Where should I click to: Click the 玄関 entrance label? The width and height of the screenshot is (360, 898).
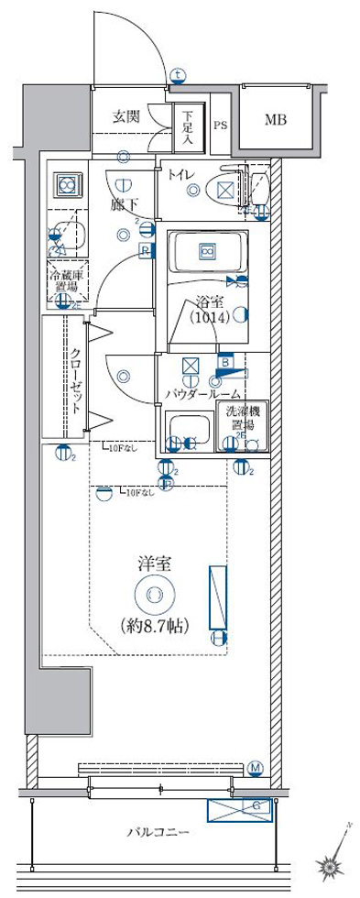pos(126,117)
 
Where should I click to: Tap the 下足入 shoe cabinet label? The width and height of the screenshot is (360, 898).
pos(188,128)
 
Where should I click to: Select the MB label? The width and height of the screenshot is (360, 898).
pos(276,119)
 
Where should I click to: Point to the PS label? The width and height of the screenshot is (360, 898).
pos(221,126)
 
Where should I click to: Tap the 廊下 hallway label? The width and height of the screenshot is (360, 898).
pos(124,207)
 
